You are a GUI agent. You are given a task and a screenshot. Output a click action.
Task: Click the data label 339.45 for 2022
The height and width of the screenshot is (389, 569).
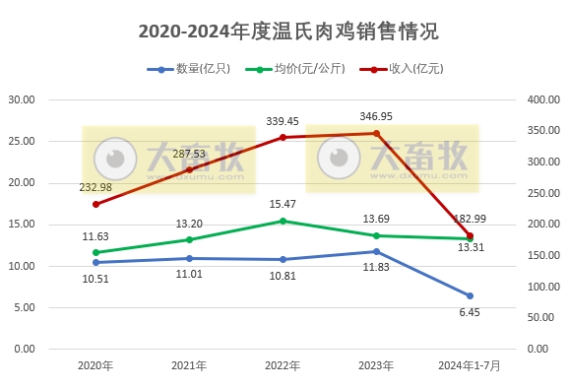283,121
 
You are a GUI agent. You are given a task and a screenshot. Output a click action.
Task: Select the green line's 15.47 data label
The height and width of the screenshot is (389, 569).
283,205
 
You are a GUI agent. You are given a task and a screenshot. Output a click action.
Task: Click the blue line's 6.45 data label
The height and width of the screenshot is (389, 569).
470,312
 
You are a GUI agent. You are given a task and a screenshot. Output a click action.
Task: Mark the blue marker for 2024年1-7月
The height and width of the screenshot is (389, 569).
470,295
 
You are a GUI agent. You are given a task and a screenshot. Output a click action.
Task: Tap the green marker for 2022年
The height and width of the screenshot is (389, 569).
283,221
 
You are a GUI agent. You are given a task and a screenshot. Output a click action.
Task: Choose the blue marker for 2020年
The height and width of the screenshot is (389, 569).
95,262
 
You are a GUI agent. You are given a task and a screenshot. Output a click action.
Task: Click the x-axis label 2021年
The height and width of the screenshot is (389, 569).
189,365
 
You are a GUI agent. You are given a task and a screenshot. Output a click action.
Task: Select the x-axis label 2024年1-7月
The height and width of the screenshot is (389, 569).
470,365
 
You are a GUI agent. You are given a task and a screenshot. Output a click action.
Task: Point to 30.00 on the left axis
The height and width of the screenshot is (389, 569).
22,99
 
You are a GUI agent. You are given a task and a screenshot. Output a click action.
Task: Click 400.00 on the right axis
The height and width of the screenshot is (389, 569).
543,99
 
